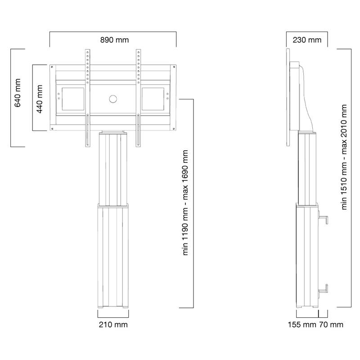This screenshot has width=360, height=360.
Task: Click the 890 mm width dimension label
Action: pos(114,40)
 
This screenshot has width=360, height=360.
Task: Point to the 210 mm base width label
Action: pos(112,324)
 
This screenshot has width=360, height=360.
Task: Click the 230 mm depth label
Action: pos(307,40)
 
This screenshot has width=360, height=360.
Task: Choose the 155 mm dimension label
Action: pos(301,324)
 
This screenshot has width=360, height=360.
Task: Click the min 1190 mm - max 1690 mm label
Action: pos(184,203)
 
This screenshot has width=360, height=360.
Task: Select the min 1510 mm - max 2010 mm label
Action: pos(344,157)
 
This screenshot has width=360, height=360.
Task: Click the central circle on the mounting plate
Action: pos(112,99)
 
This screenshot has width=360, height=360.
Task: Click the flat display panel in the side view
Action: pos(289,97)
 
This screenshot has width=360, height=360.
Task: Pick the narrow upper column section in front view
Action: pos(112,169)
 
